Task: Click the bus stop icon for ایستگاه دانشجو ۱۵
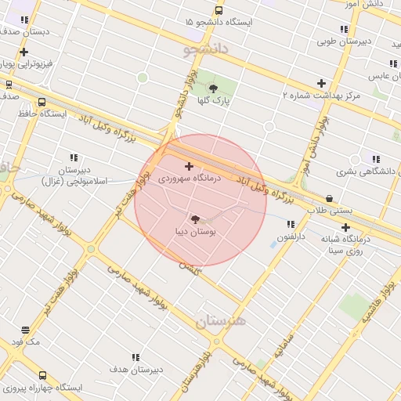tap(219, 11)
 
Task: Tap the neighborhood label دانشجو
tap(206, 49)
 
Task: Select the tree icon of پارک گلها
tap(213, 89)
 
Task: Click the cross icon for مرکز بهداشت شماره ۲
tap(321, 83)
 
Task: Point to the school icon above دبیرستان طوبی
tap(344, 29)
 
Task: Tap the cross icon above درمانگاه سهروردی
tap(189, 166)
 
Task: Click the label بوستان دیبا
tap(195, 232)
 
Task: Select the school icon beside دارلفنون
tap(291, 224)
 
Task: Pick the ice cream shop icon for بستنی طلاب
tap(329, 199)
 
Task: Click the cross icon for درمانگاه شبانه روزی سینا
tap(345, 227)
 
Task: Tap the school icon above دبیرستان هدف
tap(136, 357)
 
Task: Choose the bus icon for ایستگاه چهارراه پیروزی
tap(42, 375)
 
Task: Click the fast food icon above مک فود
tap(26, 331)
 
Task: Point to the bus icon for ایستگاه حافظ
tap(42, 102)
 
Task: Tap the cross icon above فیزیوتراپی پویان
tap(24, 52)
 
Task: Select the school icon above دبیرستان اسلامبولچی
tap(74, 157)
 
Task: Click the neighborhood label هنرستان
tap(220, 321)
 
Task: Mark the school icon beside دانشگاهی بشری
tap(376, 159)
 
